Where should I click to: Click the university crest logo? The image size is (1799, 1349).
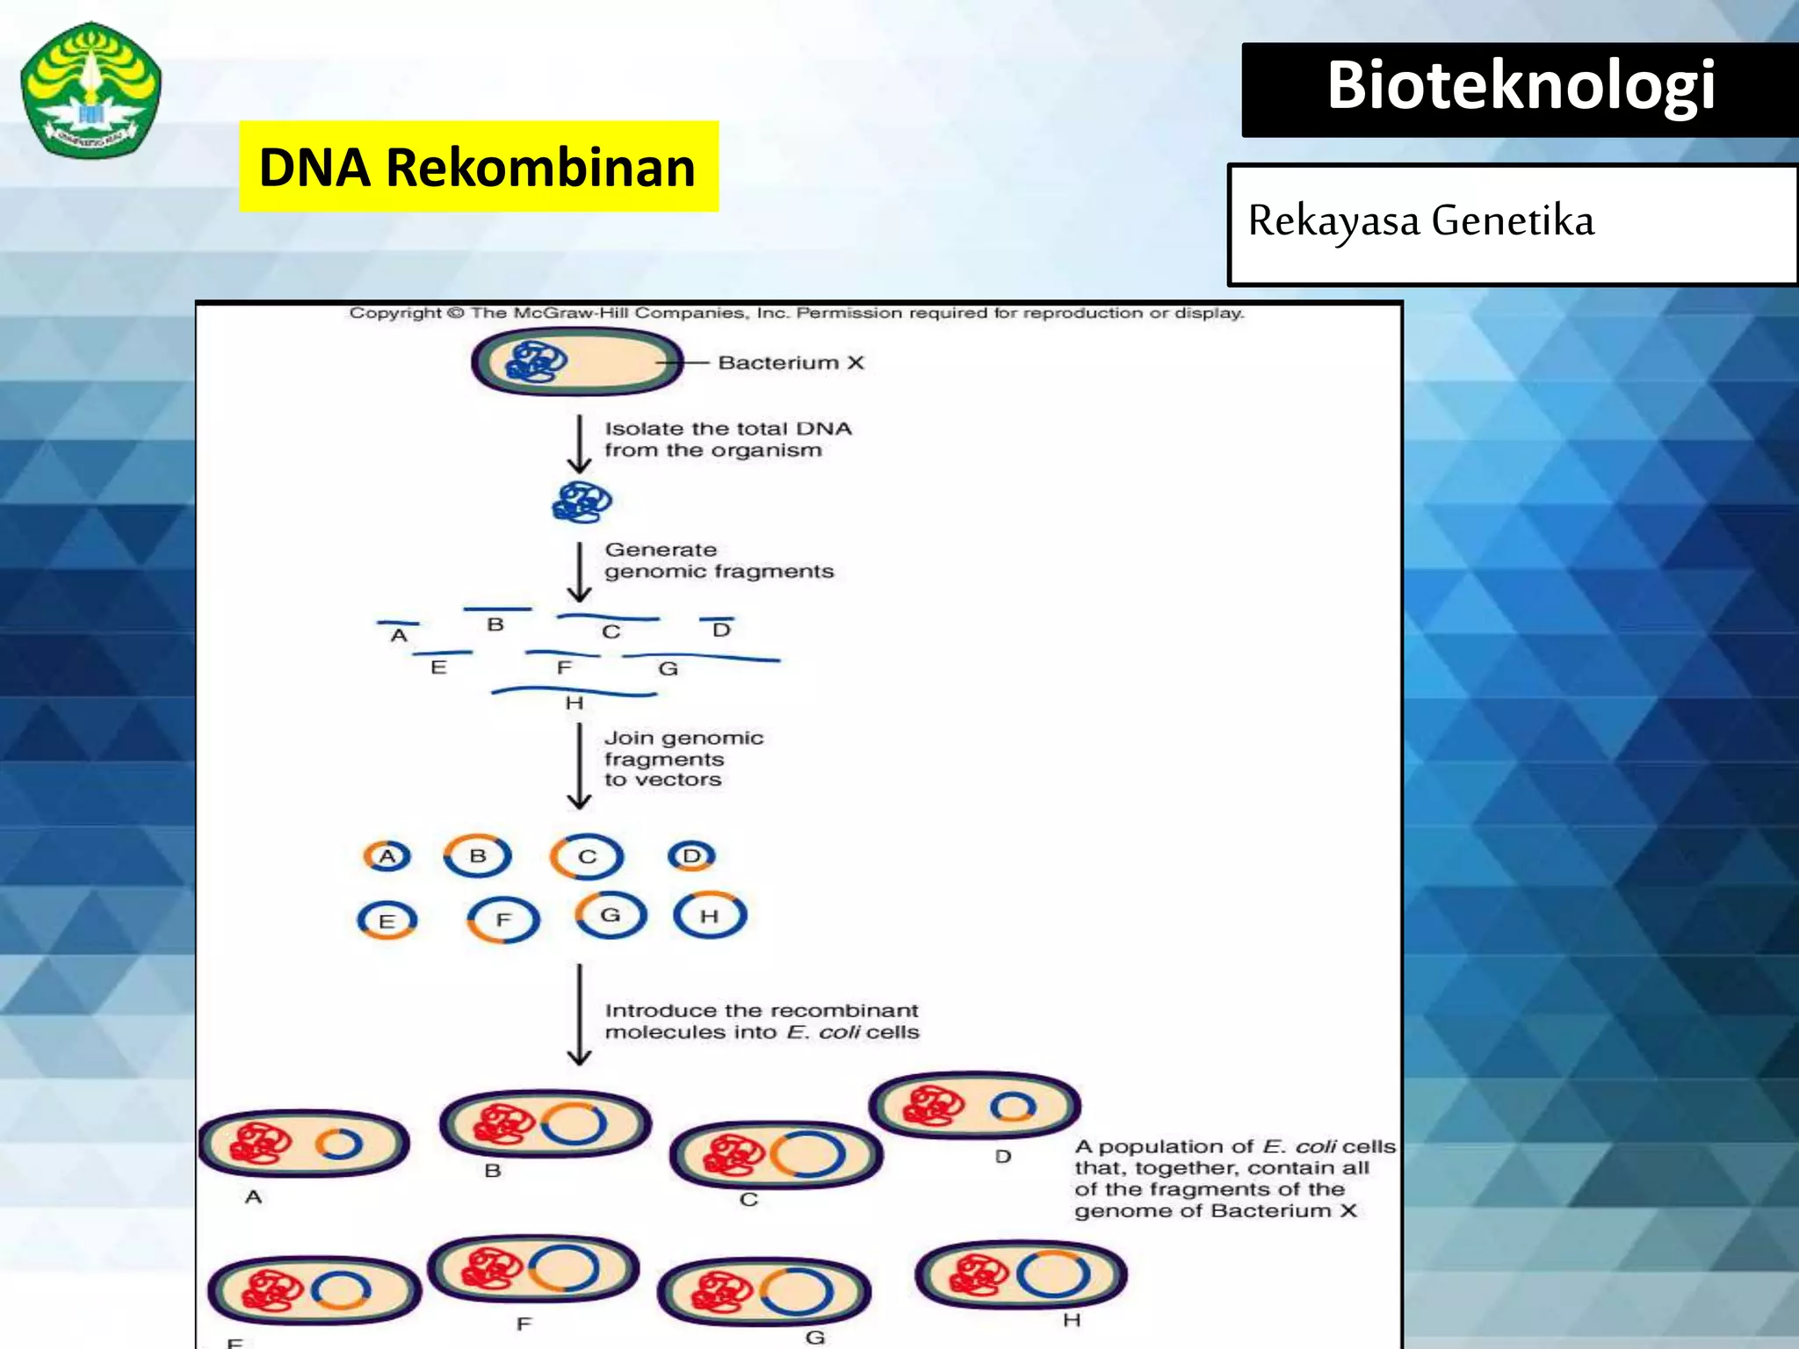point(90,90)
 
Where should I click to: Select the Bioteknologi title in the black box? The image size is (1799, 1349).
point(1521,86)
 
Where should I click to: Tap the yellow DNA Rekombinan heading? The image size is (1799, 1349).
point(478,167)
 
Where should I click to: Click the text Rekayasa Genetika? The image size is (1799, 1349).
point(1420,220)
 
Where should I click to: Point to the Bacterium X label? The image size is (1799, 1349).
point(791,363)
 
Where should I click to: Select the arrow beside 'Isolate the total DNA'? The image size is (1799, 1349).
point(579,444)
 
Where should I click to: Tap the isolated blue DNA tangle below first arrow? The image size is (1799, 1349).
point(582,502)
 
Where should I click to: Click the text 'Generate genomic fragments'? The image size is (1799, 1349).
point(717,560)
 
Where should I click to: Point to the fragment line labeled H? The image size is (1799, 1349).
point(574,693)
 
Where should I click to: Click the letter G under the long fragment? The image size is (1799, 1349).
point(668,669)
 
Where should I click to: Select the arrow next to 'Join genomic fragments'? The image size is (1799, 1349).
point(579,765)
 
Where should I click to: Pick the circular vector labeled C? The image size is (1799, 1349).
point(587,856)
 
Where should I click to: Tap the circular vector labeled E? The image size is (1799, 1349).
point(387,920)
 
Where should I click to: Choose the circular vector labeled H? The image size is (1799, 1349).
point(709,916)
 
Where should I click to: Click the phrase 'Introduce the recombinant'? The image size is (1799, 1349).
point(761,1011)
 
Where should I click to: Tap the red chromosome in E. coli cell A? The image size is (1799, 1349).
point(259,1143)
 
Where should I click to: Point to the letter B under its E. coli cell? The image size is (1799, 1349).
point(493,1171)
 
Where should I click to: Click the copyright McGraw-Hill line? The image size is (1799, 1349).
point(796,314)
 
